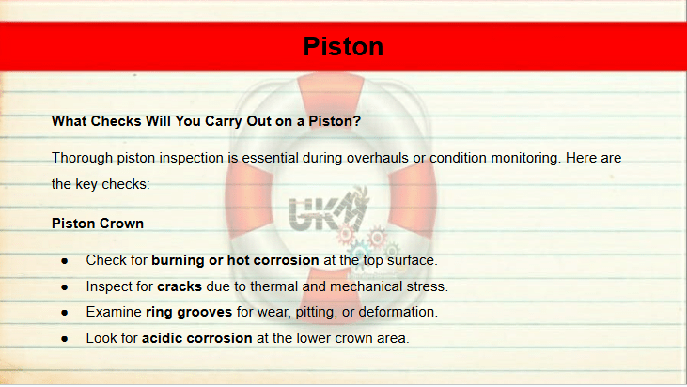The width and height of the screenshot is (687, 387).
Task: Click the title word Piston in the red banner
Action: pos(343,46)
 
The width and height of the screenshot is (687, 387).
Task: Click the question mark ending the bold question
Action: pos(356,121)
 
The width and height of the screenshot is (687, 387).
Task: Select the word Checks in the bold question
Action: pos(116,121)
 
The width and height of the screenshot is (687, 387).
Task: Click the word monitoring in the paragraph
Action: pos(525,158)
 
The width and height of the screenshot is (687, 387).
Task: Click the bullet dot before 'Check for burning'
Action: pos(65,261)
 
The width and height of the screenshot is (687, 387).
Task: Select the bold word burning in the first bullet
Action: pos(178,260)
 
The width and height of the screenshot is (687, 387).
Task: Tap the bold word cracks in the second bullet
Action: pos(180,286)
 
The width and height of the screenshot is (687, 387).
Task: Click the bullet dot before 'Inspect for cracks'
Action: pos(65,287)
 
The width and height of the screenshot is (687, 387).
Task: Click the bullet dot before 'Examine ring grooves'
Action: pos(65,313)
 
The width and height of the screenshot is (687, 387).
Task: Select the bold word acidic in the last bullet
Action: pos(162,338)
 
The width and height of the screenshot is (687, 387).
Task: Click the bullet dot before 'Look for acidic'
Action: pos(65,339)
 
